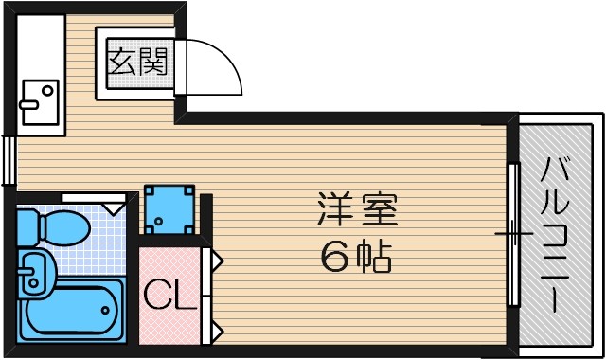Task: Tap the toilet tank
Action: tap(28, 225)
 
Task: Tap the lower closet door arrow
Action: tap(216, 331)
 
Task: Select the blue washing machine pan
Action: tap(169, 210)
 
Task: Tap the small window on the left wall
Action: tap(9, 159)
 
